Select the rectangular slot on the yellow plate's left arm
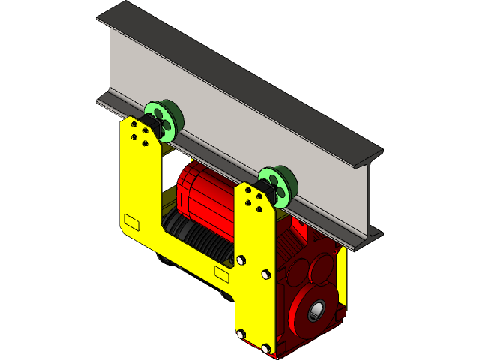[x=131, y=223]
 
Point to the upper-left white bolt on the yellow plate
[x=240, y=260]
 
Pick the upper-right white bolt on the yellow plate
[x=265, y=274]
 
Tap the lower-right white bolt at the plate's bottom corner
[x=265, y=348]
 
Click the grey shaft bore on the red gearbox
[x=316, y=309]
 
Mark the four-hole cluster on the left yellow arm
[x=139, y=133]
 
